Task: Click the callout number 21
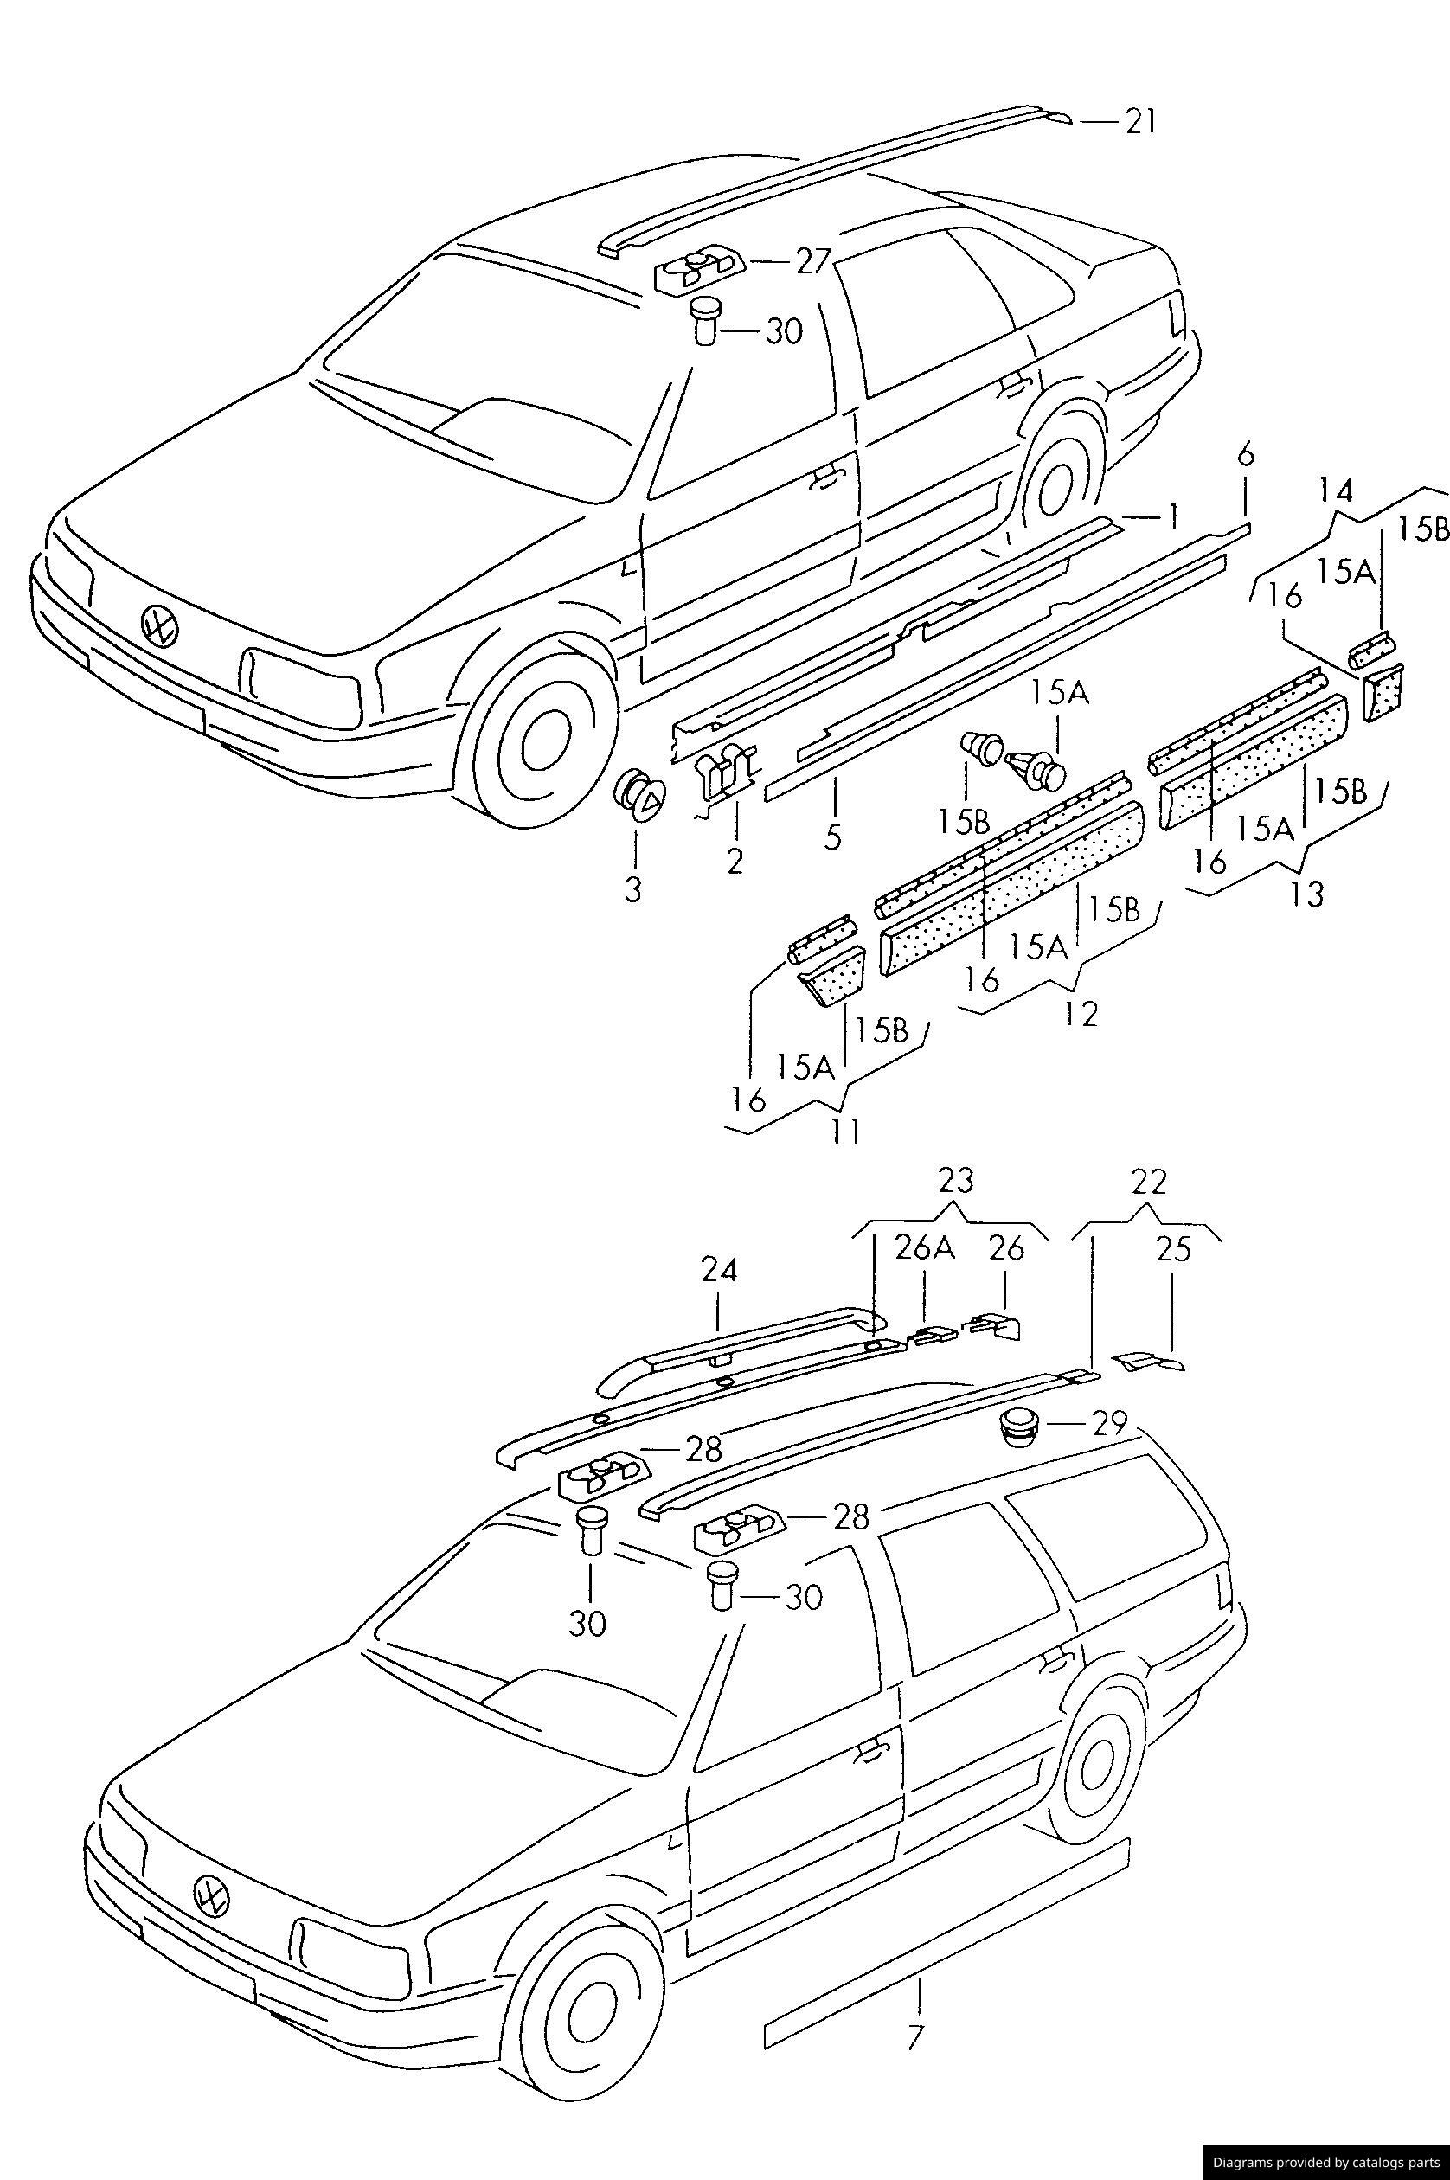[x=1140, y=122]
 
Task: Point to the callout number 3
[x=633, y=890]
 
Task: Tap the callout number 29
[x=1108, y=1422]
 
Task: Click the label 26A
[x=924, y=1248]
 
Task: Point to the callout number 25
[x=1173, y=1249]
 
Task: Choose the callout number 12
[x=1080, y=1014]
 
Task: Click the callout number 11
[x=845, y=1131]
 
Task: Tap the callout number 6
[x=1245, y=454]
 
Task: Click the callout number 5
[x=833, y=837]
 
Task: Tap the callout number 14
[x=1334, y=490]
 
